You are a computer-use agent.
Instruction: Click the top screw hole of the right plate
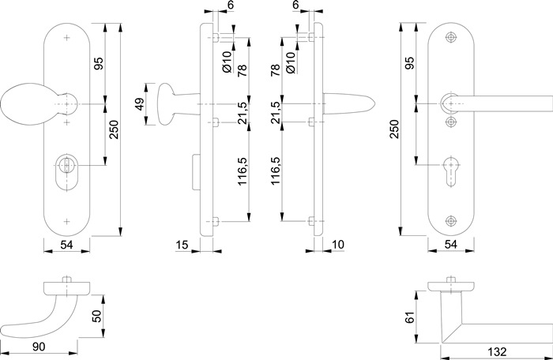tap(451, 38)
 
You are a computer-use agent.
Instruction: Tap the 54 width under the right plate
tap(451, 246)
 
